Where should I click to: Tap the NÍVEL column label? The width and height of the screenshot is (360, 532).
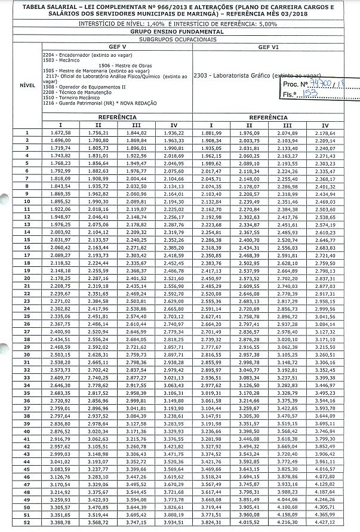27,85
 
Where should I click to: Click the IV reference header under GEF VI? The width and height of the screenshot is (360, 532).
325,125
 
